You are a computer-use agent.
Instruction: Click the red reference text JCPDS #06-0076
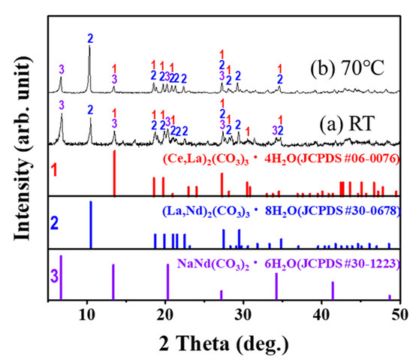point(343,159)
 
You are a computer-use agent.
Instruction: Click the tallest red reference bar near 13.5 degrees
point(114,173)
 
